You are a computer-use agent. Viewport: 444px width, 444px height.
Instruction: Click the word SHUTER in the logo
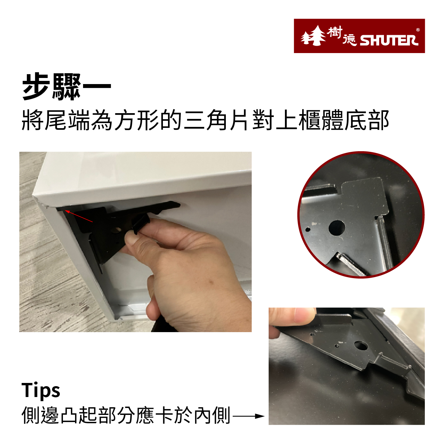click(x=389, y=41)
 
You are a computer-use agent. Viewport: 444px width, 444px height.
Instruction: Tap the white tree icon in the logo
click(x=313, y=36)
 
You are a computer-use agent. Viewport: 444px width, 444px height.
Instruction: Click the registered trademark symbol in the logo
click(x=418, y=30)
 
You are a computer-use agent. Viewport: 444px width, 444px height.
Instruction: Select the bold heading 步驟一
click(x=66, y=87)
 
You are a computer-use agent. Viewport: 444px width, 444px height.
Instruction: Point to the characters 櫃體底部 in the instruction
click(x=343, y=121)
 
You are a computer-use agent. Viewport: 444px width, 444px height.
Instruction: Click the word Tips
click(x=41, y=391)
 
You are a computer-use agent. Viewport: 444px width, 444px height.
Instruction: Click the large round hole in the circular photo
click(x=337, y=228)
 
